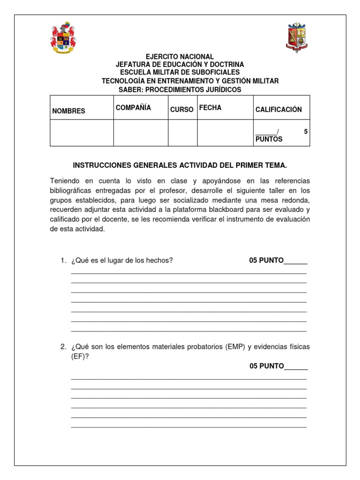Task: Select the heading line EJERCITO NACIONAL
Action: (x=180, y=57)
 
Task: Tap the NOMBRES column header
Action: (x=68, y=111)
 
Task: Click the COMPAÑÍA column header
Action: (x=133, y=108)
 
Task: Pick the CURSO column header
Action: (x=181, y=110)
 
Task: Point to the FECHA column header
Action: (x=210, y=108)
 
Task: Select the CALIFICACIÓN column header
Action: (x=278, y=110)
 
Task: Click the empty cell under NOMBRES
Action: (x=82, y=133)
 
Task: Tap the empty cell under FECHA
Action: (x=225, y=133)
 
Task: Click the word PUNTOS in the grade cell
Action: (x=269, y=139)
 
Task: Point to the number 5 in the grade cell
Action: (x=306, y=132)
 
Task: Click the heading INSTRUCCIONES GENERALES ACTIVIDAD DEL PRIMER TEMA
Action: (x=180, y=165)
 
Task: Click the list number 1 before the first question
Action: (x=63, y=261)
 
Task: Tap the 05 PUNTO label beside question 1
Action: (x=266, y=261)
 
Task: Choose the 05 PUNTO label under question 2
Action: (x=266, y=366)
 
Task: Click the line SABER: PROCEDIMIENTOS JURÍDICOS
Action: (x=180, y=90)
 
